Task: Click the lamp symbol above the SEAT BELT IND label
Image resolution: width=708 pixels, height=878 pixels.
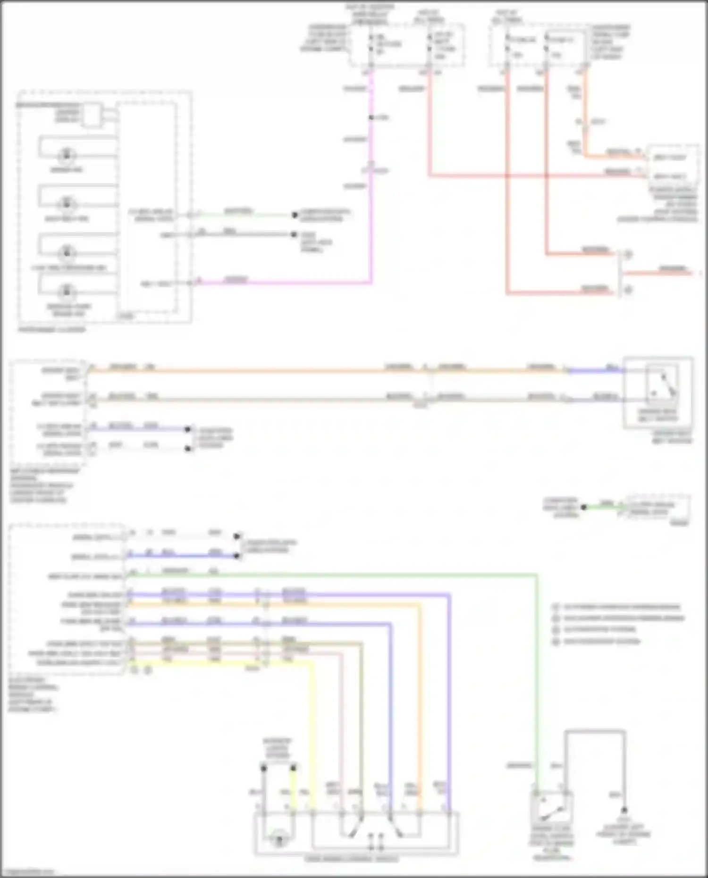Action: click(67, 204)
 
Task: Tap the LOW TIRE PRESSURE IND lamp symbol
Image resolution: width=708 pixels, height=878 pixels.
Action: click(67, 252)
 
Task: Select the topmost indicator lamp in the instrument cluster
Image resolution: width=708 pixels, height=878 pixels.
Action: click(67, 155)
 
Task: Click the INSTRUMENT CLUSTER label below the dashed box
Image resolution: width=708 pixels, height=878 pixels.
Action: click(52, 330)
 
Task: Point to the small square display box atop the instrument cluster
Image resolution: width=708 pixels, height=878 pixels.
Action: click(92, 115)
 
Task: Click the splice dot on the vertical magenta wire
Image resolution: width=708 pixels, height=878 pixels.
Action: click(371, 117)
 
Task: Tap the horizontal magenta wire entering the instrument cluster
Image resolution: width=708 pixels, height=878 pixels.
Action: click(283, 283)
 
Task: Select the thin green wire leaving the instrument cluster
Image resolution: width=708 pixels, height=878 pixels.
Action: click(245, 215)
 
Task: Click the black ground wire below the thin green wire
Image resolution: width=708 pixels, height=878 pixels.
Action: click(245, 234)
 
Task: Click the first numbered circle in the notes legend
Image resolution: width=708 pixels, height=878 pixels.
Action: click(556, 607)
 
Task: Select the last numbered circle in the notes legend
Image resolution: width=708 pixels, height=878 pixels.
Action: click(556, 642)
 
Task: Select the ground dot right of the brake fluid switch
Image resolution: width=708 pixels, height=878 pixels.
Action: click(624, 810)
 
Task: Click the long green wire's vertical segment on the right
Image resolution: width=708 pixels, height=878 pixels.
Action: click(537, 684)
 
